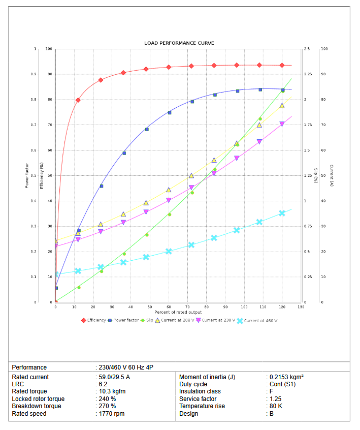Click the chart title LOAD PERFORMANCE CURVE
tap(179, 43)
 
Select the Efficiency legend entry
tap(94, 320)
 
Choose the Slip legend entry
tap(147, 320)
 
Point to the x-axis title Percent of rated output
tap(179, 312)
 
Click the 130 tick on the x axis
tap(301, 307)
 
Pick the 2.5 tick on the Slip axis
tap(307, 49)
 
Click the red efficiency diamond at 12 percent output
tap(78, 100)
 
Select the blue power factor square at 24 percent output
tap(101, 186)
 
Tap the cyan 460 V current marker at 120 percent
tap(282, 213)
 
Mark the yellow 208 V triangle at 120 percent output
tap(282, 105)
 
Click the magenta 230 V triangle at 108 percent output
tap(259, 142)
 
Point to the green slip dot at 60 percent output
tap(170, 214)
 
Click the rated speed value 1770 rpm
tap(111, 414)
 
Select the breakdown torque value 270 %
tap(107, 406)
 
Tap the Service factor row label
tap(198, 399)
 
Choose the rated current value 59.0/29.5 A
tap(114, 377)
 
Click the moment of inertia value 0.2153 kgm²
tap(286, 377)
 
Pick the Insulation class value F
tap(271, 391)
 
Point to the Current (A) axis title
tap(331, 175)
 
